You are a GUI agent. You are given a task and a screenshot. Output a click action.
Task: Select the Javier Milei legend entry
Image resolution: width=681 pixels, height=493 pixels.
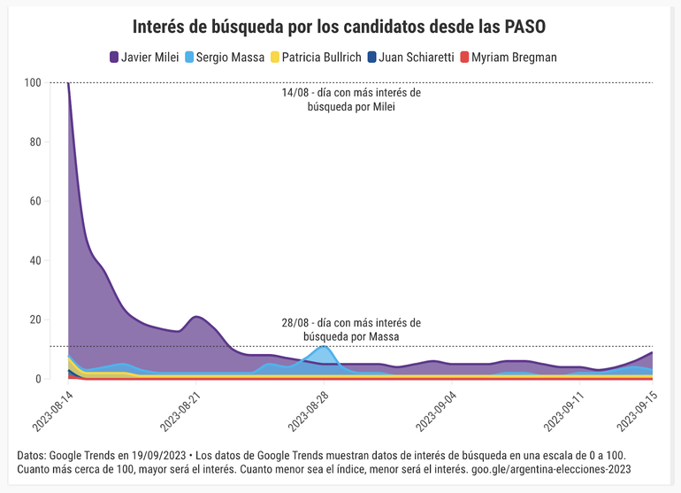(x=144, y=57)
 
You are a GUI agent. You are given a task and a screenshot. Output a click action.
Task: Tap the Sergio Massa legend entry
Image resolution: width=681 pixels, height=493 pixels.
(x=226, y=57)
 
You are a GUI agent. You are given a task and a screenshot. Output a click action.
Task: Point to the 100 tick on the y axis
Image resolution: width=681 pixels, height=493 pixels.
(x=33, y=82)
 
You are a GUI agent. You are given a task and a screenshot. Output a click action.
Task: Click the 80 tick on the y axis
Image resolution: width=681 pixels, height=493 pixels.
(x=34, y=142)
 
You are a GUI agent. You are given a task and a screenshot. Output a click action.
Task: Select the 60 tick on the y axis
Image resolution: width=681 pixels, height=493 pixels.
(x=34, y=201)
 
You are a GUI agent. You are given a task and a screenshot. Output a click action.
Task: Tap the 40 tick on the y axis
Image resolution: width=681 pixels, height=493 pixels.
(x=34, y=260)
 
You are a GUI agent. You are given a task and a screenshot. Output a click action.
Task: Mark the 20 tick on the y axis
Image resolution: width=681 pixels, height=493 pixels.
(x=34, y=320)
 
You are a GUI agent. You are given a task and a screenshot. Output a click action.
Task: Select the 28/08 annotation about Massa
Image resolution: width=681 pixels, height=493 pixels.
(x=351, y=329)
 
